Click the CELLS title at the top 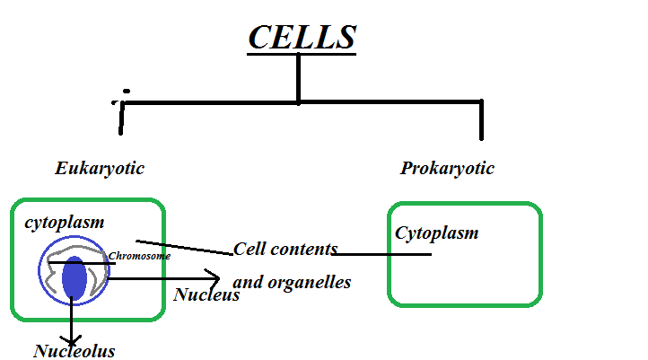(x=302, y=37)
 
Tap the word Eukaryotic (x=100, y=169)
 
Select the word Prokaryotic (x=447, y=169)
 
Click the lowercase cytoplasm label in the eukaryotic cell (x=65, y=223)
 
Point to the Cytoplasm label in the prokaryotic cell (x=436, y=233)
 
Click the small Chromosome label (x=139, y=256)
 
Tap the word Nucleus (x=206, y=294)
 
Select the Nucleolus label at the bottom (x=74, y=351)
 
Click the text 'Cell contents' (x=285, y=249)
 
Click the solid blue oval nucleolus (x=74, y=278)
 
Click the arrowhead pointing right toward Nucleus (x=214, y=278)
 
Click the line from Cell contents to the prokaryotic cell (x=386, y=254)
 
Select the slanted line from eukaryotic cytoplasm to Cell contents (x=184, y=247)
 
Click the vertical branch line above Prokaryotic (x=481, y=120)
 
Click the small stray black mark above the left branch (x=127, y=92)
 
